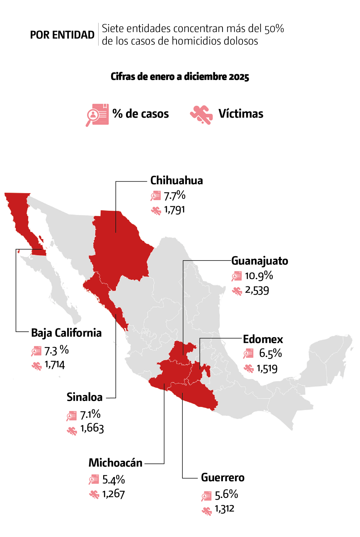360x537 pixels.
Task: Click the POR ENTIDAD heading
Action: click(62, 35)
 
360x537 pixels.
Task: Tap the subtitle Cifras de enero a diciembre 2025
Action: click(180, 77)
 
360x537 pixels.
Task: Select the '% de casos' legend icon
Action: click(97, 114)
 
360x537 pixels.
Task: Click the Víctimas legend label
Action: click(241, 114)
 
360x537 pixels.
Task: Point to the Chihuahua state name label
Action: click(176, 180)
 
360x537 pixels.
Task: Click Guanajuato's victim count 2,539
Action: click(257, 290)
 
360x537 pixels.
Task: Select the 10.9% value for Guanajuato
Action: click(259, 276)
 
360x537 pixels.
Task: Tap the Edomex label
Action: click(263, 339)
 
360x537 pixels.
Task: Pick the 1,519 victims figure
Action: click(267, 368)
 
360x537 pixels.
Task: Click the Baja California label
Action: click(66, 333)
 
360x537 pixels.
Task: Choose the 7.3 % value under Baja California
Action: click(56, 350)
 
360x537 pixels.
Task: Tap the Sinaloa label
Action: click(85, 397)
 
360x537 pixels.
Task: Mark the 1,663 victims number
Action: click(92, 428)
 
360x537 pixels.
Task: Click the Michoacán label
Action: click(115, 463)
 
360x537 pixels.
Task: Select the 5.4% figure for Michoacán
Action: click(113, 480)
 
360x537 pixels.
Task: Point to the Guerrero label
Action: click(223, 478)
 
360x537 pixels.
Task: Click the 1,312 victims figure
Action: click(224, 509)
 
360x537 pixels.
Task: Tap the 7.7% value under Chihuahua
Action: click(174, 196)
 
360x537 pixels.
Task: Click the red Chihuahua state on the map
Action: click(120, 246)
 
